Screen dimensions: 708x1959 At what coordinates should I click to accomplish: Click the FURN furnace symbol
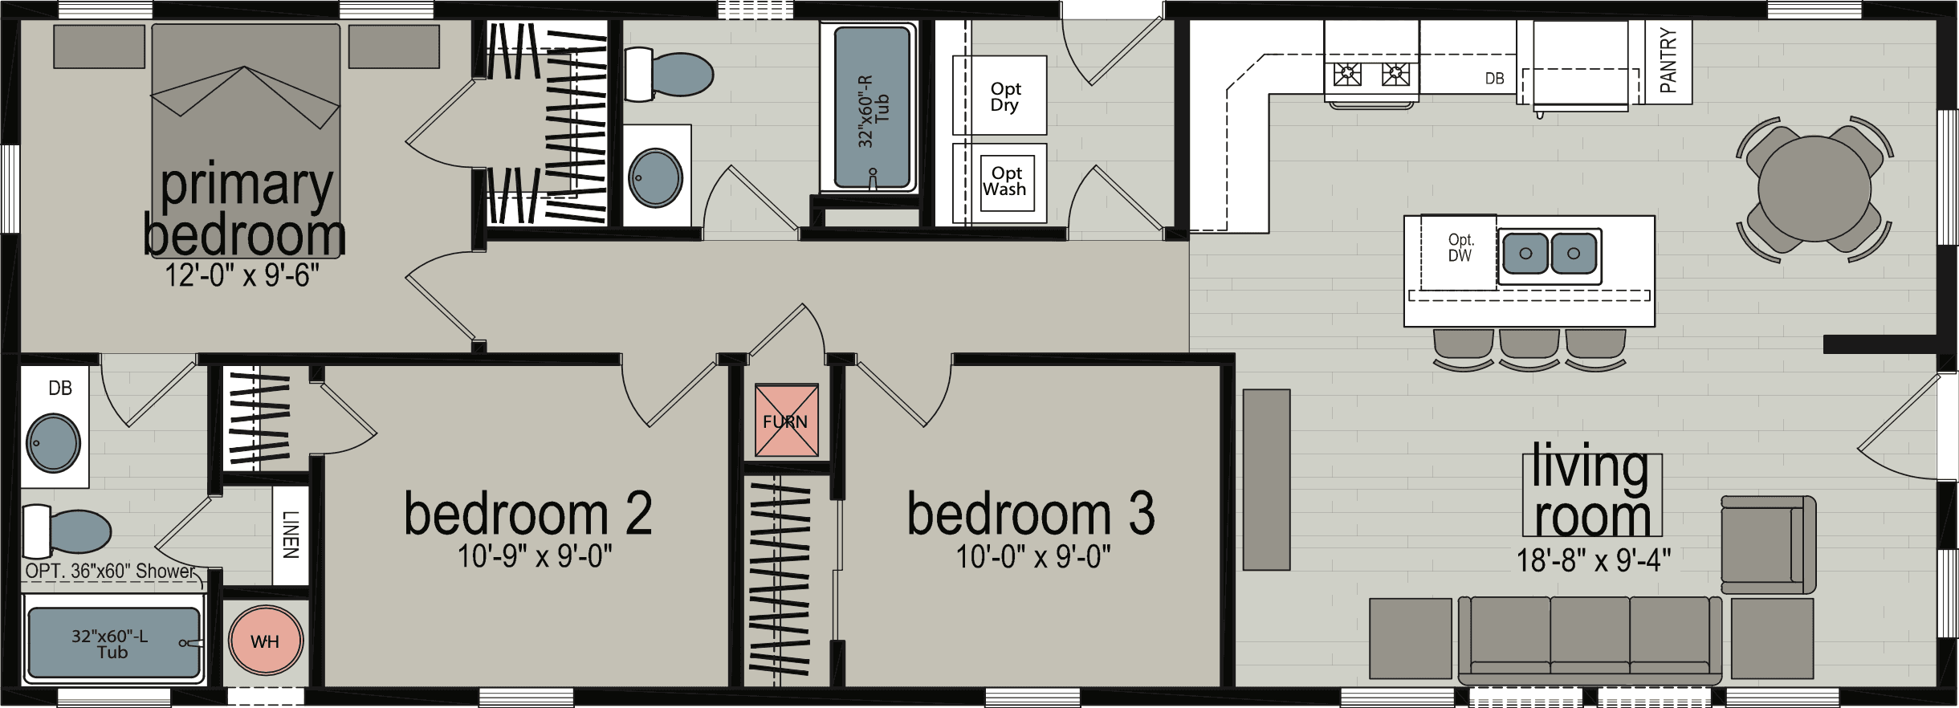(x=786, y=421)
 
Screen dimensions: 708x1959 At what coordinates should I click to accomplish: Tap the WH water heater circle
(x=266, y=641)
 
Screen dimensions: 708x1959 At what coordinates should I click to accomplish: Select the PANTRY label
(x=1668, y=60)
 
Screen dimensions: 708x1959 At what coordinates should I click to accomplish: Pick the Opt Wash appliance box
(x=1006, y=182)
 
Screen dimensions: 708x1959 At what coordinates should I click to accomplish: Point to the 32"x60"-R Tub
(x=872, y=108)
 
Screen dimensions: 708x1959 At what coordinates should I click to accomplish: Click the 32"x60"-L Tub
(x=113, y=643)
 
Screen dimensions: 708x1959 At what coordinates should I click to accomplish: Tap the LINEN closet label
(x=291, y=535)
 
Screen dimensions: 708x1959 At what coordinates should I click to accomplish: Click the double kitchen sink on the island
(x=1549, y=254)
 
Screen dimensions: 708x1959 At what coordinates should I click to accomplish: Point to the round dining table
(x=1814, y=189)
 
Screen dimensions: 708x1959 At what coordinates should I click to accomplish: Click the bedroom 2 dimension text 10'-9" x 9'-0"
(x=535, y=556)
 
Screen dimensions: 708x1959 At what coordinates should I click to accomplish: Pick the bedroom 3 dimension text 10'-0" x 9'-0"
(x=1032, y=556)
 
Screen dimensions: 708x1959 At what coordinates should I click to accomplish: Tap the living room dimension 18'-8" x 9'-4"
(x=1593, y=560)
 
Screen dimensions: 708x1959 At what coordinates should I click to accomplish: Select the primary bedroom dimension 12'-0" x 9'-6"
(x=242, y=275)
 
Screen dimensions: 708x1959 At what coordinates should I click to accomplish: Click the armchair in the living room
(x=1766, y=544)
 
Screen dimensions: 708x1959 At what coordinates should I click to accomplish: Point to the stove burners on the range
(x=1371, y=75)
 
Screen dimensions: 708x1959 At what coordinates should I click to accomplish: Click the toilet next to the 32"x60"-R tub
(x=670, y=75)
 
